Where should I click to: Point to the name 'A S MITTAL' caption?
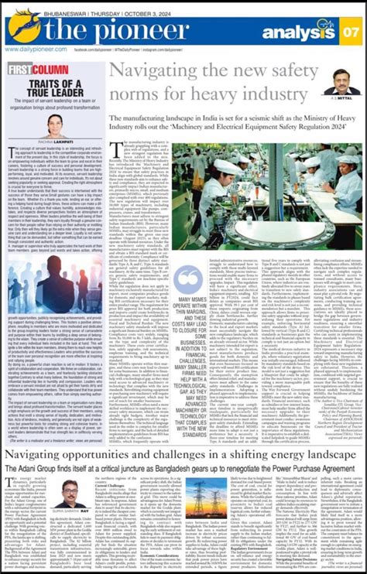(341, 99)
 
